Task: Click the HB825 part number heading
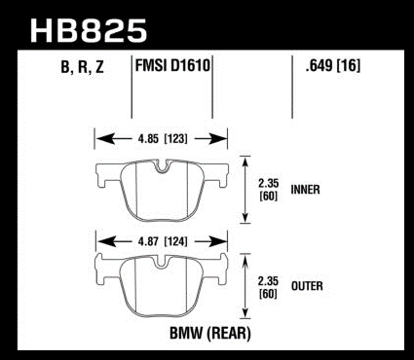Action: (x=89, y=31)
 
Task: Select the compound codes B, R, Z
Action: (x=82, y=68)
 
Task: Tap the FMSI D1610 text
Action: (x=172, y=65)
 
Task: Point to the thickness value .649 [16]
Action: (x=333, y=66)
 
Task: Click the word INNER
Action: (x=305, y=190)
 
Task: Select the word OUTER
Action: (x=307, y=286)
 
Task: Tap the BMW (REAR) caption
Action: (x=210, y=333)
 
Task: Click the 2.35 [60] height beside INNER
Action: (x=269, y=190)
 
